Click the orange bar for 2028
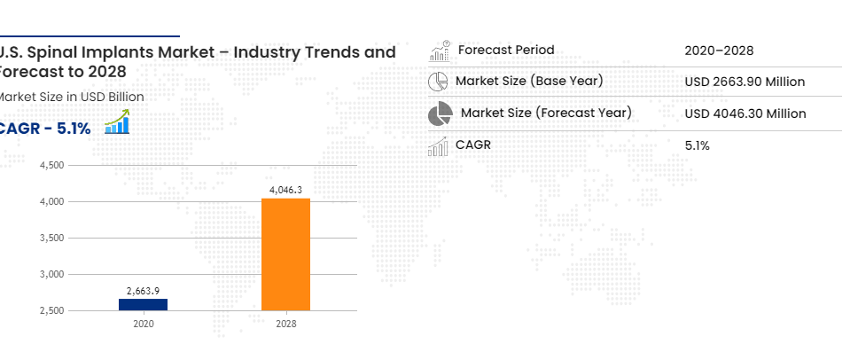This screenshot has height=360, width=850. click(x=285, y=254)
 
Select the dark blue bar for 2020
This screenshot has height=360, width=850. click(x=144, y=304)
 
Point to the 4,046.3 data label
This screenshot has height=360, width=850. click(x=285, y=190)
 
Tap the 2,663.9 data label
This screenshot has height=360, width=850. click(x=144, y=291)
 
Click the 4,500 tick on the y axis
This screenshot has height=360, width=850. click(x=52, y=166)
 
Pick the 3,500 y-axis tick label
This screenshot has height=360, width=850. click(x=52, y=239)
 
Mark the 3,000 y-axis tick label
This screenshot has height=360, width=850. click(x=52, y=275)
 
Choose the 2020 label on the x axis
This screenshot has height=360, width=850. click(x=144, y=325)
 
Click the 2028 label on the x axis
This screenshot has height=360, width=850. click(x=285, y=325)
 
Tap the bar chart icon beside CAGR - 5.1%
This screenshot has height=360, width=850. click(x=117, y=122)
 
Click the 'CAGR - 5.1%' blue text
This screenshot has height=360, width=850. click(x=45, y=129)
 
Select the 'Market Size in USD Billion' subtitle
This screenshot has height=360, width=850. click(x=71, y=97)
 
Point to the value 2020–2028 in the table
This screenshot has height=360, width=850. click(x=719, y=51)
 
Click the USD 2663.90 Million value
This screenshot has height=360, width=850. click(x=745, y=82)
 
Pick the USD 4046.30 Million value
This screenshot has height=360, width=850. click(x=745, y=113)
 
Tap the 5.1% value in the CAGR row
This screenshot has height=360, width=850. click(x=698, y=145)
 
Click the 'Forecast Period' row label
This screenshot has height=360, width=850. click(x=506, y=50)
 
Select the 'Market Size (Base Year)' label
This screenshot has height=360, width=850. click(x=529, y=81)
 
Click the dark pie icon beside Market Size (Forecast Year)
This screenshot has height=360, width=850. click(x=440, y=113)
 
